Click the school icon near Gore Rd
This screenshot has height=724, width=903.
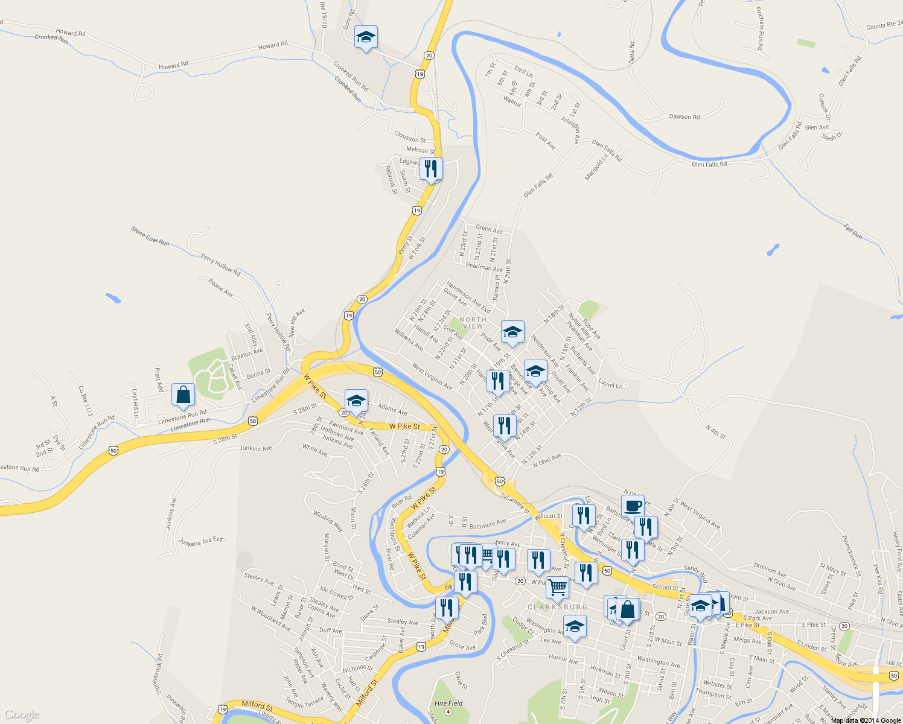click(x=366, y=37)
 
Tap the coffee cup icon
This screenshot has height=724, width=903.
click(x=633, y=506)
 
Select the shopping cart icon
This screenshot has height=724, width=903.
click(x=557, y=586)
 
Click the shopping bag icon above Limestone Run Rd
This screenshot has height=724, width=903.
click(x=183, y=395)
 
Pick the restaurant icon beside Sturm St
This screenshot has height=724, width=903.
click(x=430, y=168)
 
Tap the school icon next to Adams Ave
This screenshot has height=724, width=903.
click(x=356, y=401)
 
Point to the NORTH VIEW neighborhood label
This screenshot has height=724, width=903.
click(x=473, y=323)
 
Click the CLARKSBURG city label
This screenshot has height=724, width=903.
click(x=557, y=607)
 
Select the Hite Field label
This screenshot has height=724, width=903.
click(x=448, y=703)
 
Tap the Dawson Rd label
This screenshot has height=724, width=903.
click(x=684, y=117)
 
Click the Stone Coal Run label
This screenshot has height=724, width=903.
click(x=150, y=236)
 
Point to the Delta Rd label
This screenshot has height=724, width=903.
click(x=632, y=53)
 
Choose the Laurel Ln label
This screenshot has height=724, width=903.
click(x=610, y=383)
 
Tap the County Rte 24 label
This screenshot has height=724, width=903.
click(x=884, y=25)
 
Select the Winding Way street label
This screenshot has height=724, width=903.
click(x=328, y=521)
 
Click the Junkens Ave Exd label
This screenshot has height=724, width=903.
click(x=201, y=542)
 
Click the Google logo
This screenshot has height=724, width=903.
click(x=22, y=715)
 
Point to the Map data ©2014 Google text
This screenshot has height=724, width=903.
click(x=866, y=720)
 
